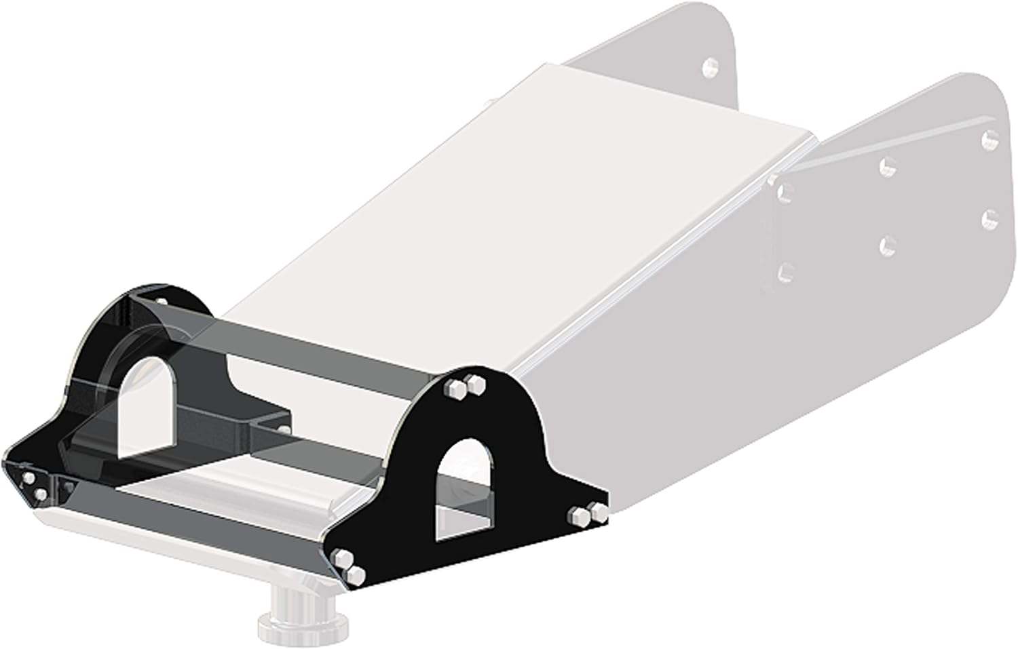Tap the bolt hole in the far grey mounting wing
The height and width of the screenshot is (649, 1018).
[711, 66]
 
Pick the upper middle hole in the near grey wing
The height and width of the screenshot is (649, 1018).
[886, 167]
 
